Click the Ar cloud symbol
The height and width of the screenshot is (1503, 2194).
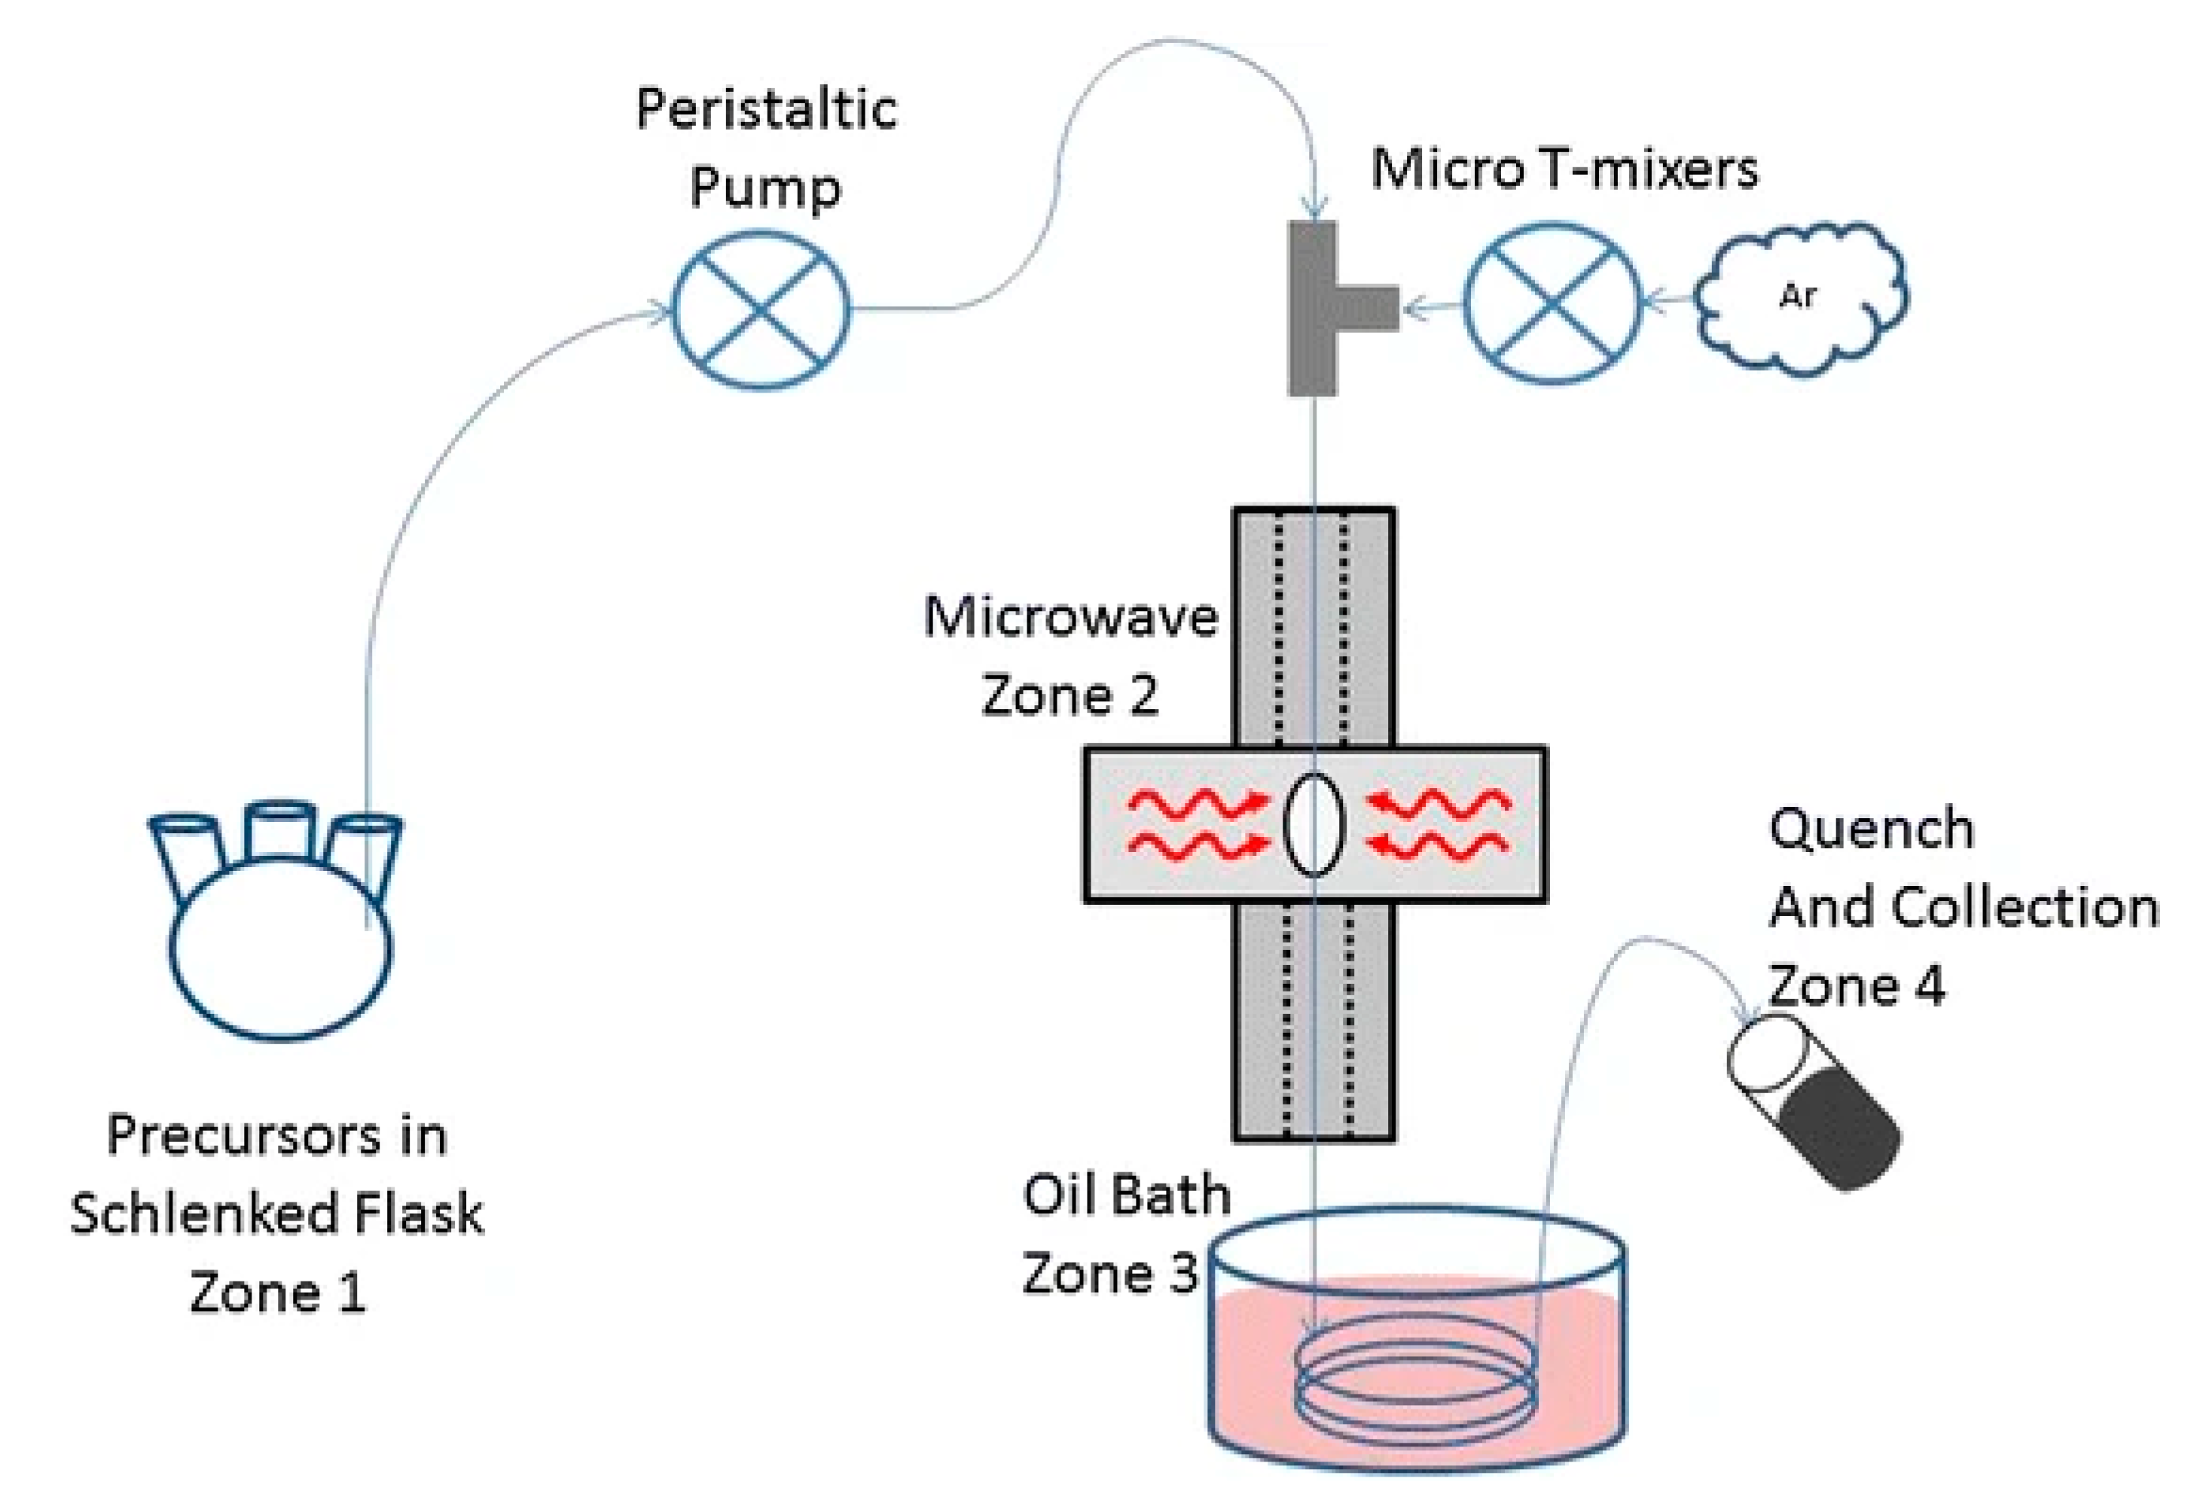point(1799,298)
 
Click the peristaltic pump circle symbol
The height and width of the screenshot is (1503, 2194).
point(760,310)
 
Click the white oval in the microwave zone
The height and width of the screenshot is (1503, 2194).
point(1314,824)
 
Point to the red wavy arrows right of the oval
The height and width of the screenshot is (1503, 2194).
point(1439,824)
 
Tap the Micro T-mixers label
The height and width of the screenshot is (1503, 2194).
point(1564,170)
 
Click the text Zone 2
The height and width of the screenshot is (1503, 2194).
point(1070,696)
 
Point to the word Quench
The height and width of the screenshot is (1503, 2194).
point(1871,829)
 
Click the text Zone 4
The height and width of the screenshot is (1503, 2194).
point(1856,987)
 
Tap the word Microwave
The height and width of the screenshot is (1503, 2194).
point(1070,618)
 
